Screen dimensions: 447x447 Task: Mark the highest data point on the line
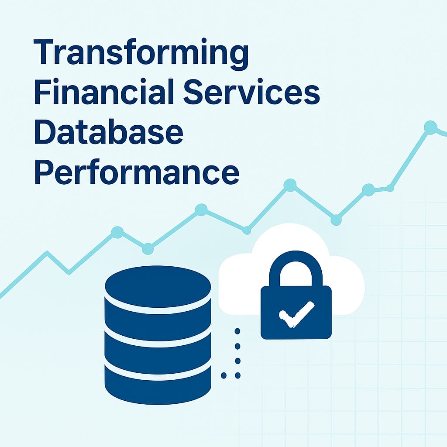coord(430,127)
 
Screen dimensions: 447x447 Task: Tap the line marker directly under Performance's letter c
coord(201,210)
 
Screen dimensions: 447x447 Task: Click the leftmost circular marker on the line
coord(117,232)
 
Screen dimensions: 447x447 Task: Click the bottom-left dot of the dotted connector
coord(224,375)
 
